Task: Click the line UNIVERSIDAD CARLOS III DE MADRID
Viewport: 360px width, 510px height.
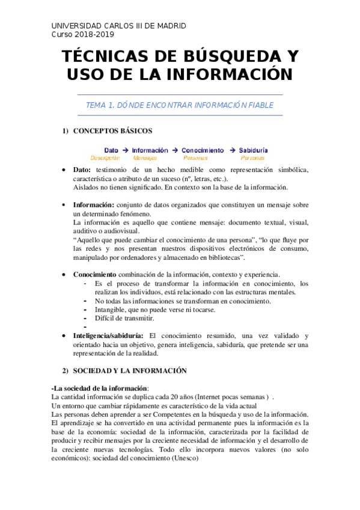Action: point(118,26)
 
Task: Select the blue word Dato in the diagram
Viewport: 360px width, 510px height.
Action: point(111,150)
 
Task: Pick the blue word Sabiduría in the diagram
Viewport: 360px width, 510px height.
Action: point(253,150)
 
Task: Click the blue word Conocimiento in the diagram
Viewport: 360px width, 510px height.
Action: point(203,150)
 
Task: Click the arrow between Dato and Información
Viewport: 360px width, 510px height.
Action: point(125,150)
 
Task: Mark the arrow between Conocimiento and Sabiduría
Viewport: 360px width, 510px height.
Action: point(231,150)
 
